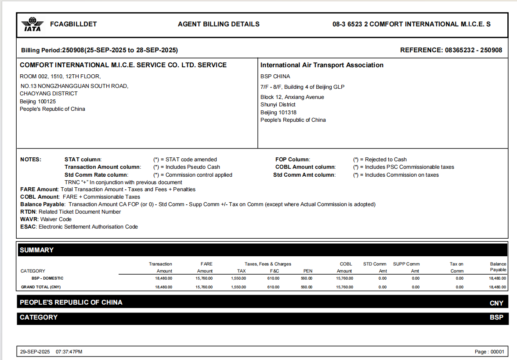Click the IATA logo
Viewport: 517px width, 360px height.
[33, 24]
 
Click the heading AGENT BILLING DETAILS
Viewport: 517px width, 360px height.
[218, 24]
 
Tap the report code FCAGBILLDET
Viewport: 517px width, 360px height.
[73, 24]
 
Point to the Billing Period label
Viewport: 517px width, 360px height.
[41, 50]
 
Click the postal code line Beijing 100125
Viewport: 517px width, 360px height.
[38, 101]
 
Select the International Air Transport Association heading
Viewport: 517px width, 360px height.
[322, 65]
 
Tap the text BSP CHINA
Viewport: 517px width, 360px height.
[275, 76]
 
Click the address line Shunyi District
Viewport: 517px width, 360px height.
[278, 105]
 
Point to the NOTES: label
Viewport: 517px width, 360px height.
[31, 160]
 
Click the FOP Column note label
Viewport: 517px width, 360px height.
[292, 160]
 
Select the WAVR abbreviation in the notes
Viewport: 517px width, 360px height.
[29, 219]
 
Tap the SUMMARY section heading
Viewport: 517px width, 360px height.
[36, 250]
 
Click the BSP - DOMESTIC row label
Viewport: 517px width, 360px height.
[47, 278]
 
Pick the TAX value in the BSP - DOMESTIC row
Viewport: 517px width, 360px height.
[238, 278]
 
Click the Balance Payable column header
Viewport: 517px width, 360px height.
[498, 267]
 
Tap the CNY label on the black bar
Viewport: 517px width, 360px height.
[496, 303]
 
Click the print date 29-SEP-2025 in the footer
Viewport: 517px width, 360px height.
[35, 352]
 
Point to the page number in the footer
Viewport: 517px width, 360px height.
[489, 352]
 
